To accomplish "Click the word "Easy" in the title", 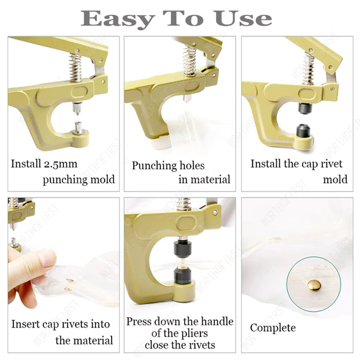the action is [x=118, y=19].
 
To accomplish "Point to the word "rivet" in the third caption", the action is [x=331, y=164].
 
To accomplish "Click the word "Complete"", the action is [x=273, y=328].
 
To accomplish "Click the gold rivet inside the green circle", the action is [x=314, y=285].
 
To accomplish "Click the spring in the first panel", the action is [x=76, y=67].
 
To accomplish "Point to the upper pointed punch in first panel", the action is [x=77, y=108].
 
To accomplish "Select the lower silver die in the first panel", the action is [x=78, y=128].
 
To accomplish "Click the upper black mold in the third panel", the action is [x=305, y=108].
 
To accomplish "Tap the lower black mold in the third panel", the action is [x=303, y=130].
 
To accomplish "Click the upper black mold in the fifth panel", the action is [x=182, y=248].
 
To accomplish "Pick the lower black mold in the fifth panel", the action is [x=182, y=275].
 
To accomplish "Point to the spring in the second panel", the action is [x=190, y=60].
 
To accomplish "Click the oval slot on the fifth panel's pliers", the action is [x=186, y=223].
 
